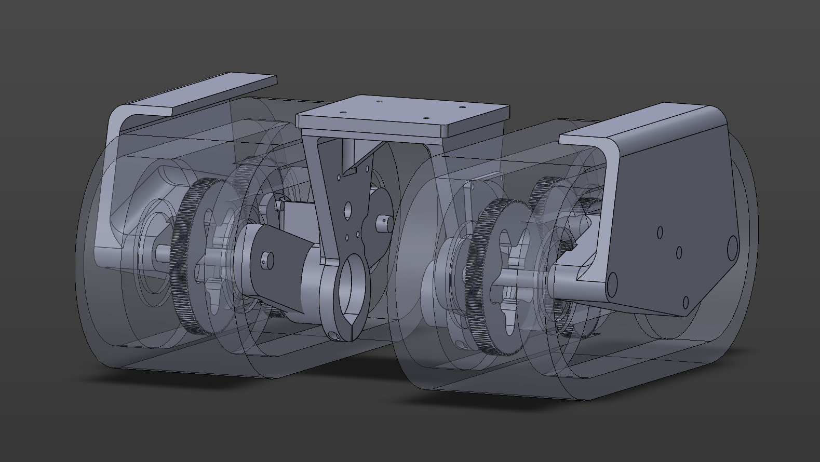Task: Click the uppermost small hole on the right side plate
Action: [x=660, y=232]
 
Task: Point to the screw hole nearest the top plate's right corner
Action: [x=462, y=107]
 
